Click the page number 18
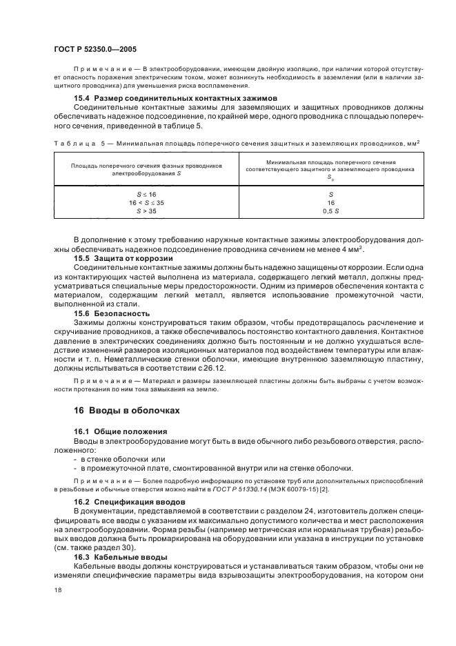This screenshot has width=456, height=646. point(57,589)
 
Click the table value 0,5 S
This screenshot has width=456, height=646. point(330,211)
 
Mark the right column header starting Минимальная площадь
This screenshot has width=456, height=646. point(330,170)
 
